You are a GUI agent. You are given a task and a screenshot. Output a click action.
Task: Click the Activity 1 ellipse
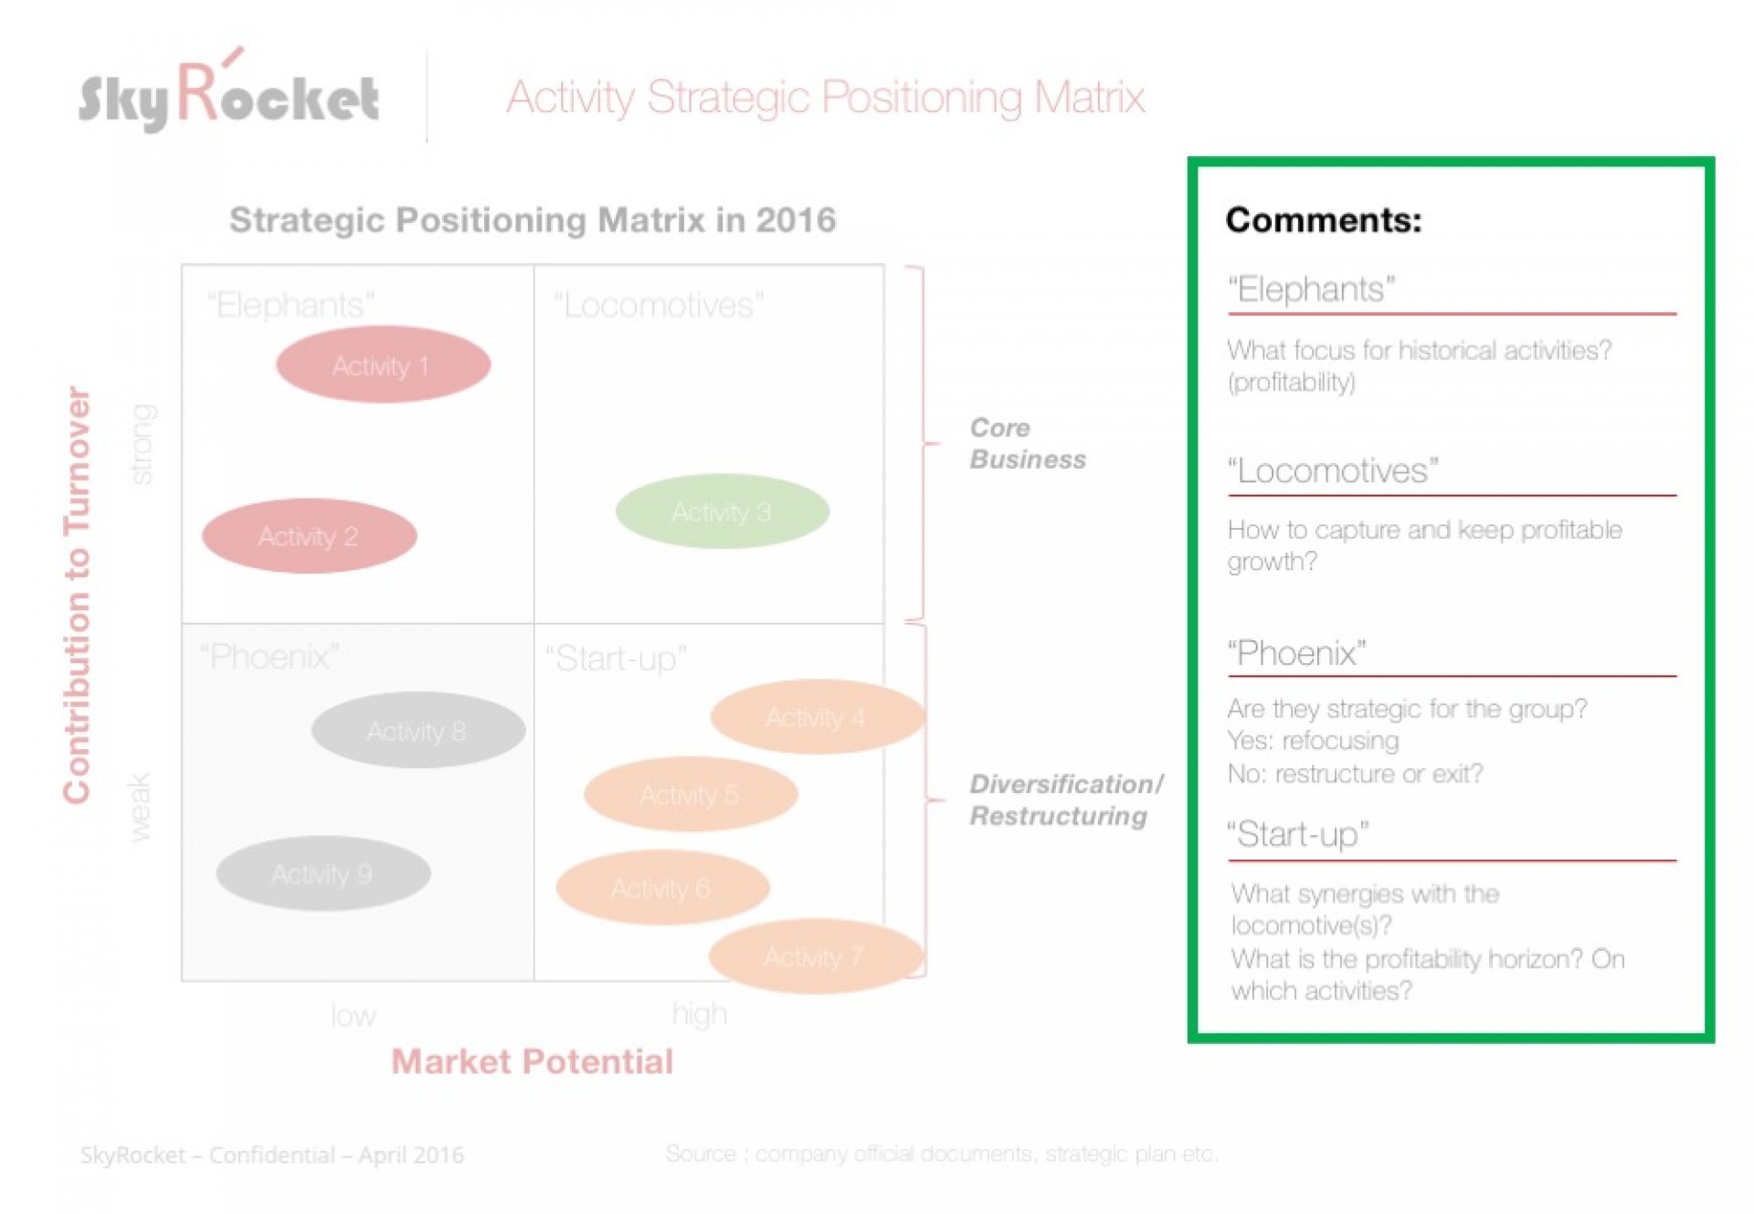(x=383, y=364)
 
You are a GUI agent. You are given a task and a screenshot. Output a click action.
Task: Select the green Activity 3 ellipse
(x=722, y=511)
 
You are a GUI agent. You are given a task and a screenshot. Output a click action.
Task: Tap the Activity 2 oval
(x=309, y=535)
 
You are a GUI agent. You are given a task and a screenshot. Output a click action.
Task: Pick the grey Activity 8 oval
(x=417, y=730)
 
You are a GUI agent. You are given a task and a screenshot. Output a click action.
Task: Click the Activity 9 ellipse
(x=322, y=873)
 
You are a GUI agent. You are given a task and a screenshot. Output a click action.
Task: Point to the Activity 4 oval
(x=817, y=716)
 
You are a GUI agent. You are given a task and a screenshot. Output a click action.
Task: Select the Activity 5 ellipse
(x=691, y=794)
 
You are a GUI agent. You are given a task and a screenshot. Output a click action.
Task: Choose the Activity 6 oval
(x=662, y=887)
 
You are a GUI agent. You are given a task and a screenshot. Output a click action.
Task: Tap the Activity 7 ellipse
(x=815, y=956)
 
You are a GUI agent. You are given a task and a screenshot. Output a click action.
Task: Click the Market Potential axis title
(x=532, y=1061)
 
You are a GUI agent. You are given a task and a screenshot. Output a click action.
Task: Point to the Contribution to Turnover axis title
(x=77, y=595)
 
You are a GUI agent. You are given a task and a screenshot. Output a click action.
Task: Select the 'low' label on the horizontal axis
(x=353, y=1015)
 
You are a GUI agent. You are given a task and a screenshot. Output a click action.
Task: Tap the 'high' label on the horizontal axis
(x=699, y=1014)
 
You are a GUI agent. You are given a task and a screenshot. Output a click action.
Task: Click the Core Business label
(x=1028, y=443)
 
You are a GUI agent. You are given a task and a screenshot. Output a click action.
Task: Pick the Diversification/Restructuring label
(x=1066, y=800)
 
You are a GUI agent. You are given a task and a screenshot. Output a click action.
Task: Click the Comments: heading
(x=1324, y=220)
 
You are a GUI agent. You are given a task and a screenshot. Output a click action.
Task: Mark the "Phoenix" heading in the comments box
(x=1296, y=653)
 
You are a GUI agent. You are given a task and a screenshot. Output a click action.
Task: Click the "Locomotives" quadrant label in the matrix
(x=659, y=305)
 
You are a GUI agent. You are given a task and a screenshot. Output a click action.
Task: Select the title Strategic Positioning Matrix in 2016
(x=533, y=220)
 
